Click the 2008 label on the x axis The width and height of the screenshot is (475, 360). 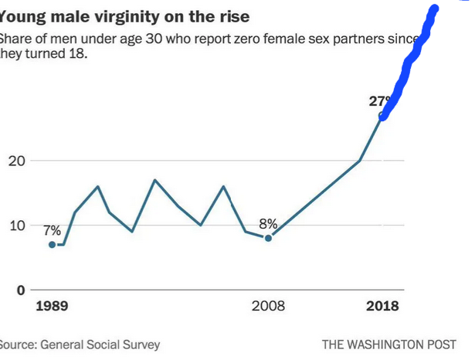pos(268,307)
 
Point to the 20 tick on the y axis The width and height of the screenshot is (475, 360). pos(18,161)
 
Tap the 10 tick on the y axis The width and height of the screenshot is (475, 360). pos(18,226)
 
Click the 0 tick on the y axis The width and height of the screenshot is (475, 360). pos(22,290)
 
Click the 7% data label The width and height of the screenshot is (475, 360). pos(52,230)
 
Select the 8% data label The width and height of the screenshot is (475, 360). pos(268,224)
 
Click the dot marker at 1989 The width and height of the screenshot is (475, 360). pos(52,244)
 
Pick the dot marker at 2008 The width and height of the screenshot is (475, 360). pos(268,238)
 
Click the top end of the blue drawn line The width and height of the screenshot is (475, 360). pos(434,9)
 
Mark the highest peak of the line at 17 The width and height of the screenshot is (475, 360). pos(154,180)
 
